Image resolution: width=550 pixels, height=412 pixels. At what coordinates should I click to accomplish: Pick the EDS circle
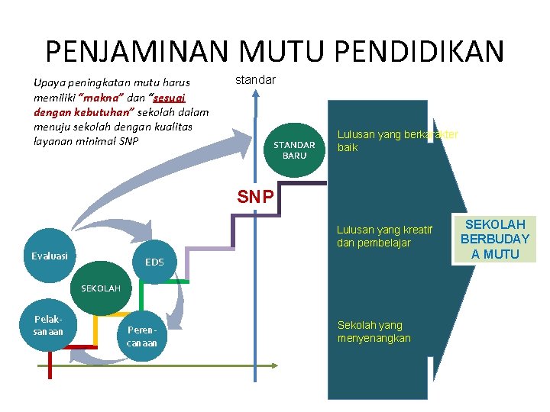[x=154, y=262]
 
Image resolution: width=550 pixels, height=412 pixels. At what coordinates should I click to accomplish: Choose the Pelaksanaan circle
[x=48, y=327]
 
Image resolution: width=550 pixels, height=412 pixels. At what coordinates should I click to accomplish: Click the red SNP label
[x=254, y=197]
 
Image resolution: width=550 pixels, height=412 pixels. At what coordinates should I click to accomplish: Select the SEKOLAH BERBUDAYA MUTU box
[x=495, y=239]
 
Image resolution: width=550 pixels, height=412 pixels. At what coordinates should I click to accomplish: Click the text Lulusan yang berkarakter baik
[x=397, y=140]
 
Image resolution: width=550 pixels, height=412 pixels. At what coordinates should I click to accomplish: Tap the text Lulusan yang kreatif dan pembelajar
[x=384, y=237]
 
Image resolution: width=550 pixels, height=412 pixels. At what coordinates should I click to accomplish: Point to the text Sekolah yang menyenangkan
[x=374, y=331]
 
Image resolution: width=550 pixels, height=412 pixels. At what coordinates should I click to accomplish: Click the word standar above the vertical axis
[x=256, y=79]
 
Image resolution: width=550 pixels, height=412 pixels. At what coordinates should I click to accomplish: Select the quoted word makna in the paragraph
[x=95, y=98]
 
